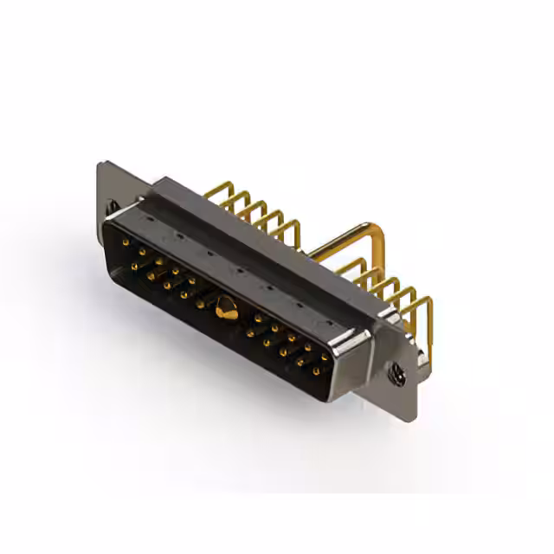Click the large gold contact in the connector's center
point(226,306)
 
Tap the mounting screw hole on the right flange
point(397,374)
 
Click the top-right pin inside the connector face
point(325,356)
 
